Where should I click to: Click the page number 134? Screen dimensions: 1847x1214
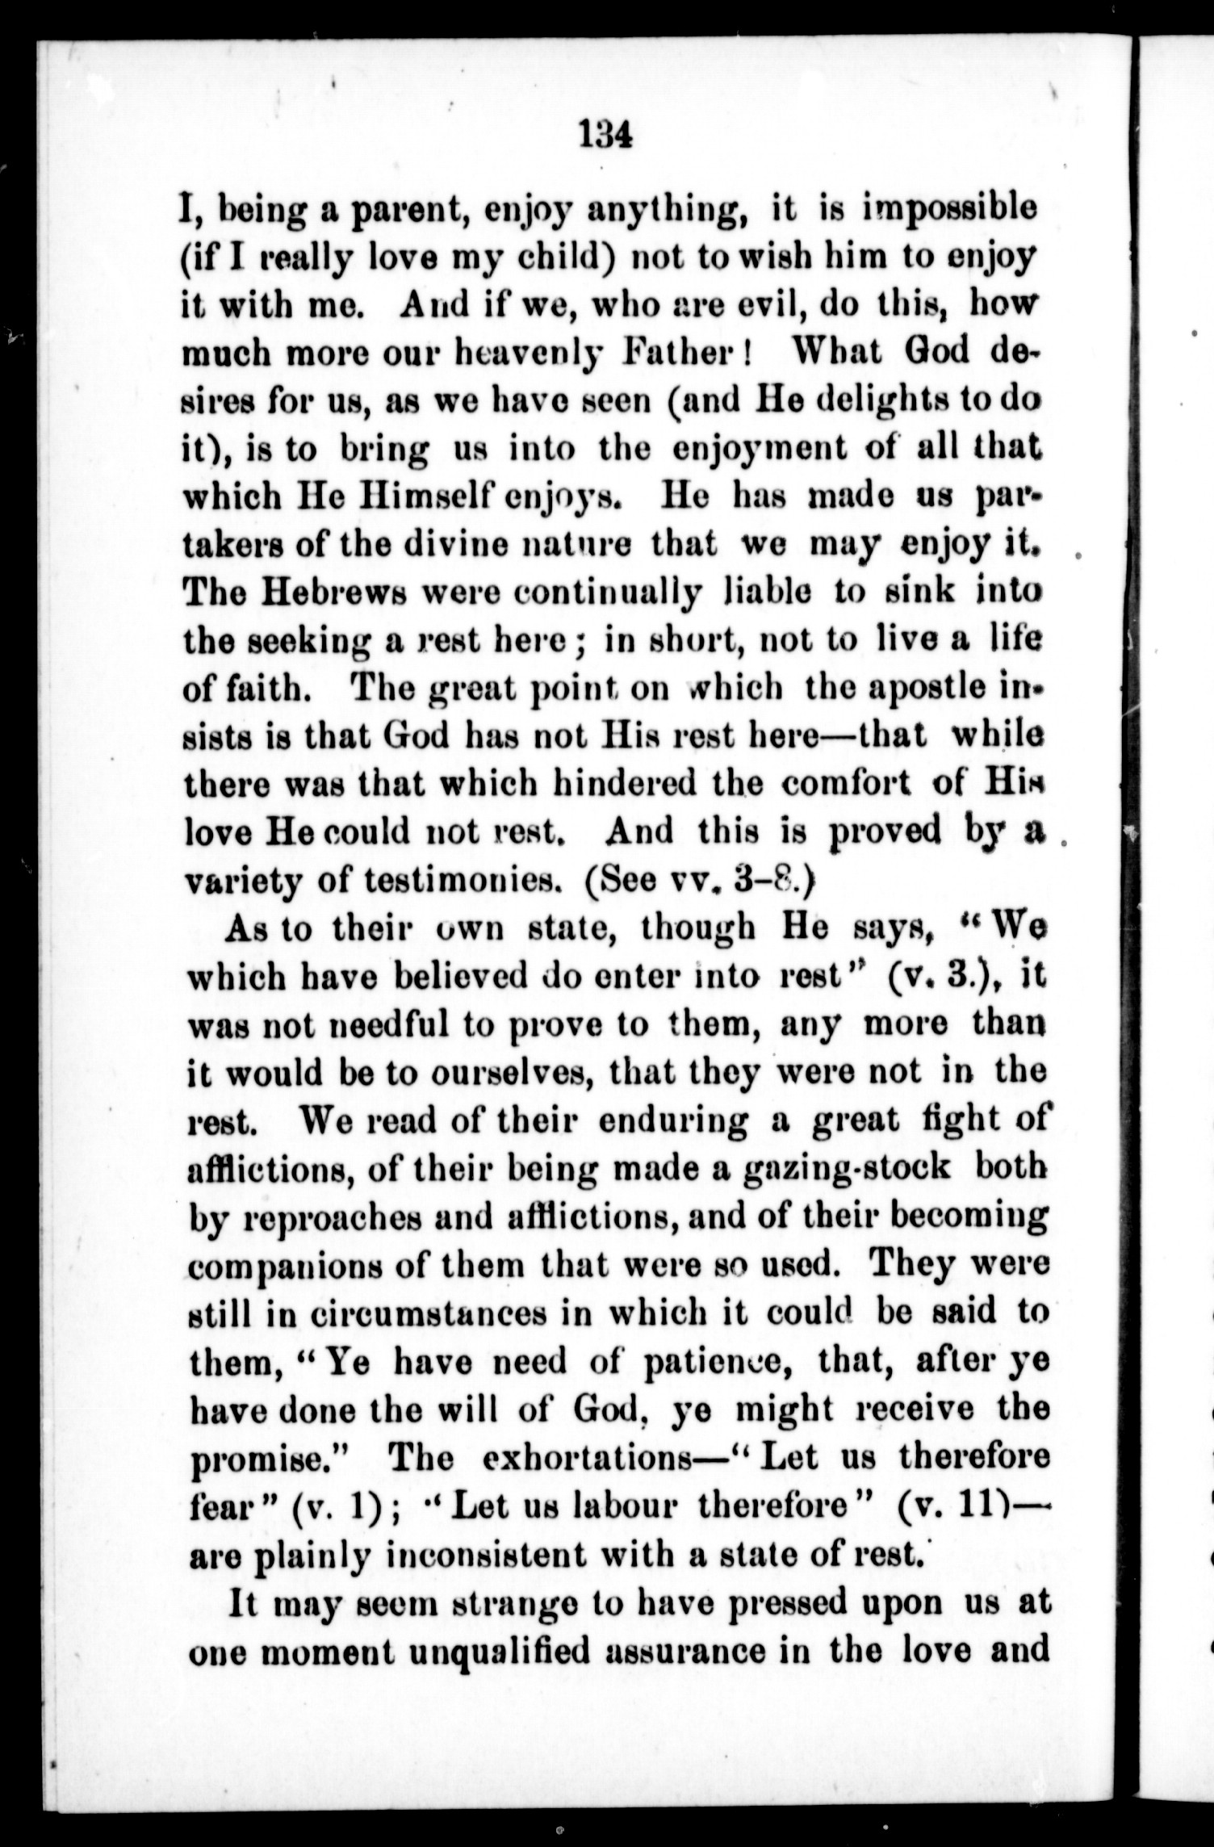click(x=604, y=134)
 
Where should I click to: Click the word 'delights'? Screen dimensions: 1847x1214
click(x=884, y=400)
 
